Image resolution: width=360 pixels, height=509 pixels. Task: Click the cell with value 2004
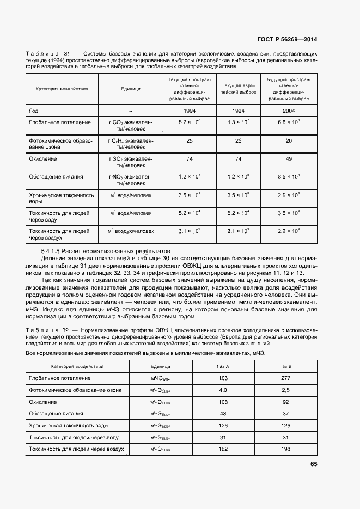tap(289, 111)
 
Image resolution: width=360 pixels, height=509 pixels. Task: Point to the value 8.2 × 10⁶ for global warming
tap(190, 122)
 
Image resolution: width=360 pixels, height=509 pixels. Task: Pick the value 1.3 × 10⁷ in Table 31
tap(238, 122)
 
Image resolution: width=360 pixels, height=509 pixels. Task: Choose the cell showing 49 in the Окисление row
tap(289, 159)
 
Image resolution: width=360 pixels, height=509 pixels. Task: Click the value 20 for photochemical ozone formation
tap(289, 140)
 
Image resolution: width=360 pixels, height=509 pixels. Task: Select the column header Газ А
tap(223, 366)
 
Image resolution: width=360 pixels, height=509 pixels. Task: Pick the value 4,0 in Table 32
tap(223, 390)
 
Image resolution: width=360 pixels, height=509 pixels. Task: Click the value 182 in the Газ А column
tap(223, 449)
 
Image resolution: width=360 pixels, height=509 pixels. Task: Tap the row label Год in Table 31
tap(34, 111)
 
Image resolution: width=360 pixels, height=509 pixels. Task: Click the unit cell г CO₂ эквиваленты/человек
tap(131, 126)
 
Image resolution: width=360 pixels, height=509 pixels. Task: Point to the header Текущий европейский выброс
tap(238, 89)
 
